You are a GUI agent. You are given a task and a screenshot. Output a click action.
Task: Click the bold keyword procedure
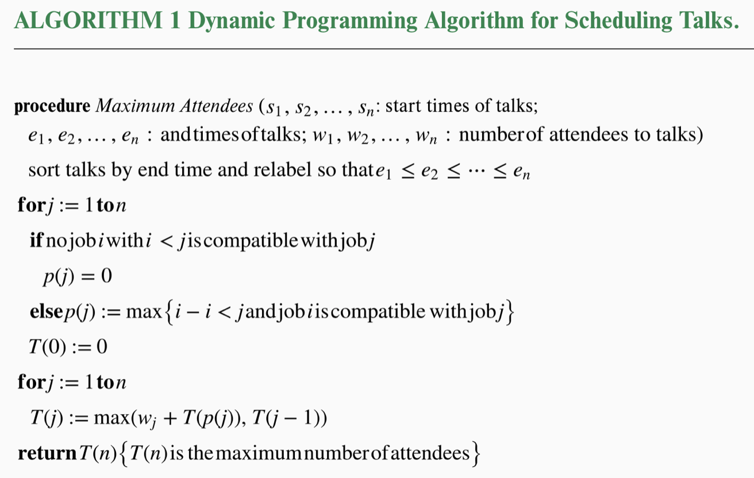click(x=52, y=106)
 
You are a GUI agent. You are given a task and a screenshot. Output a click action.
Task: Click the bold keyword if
click(x=36, y=240)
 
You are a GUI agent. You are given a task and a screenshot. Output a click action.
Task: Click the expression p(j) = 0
click(x=77, y=276)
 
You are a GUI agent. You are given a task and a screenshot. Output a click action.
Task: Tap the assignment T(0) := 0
click(x=68, y=346)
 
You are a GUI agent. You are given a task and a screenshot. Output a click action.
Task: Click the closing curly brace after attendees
click(x=475, y=454)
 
